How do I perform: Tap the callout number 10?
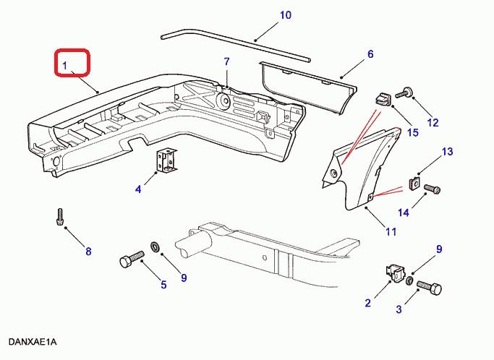(265, 14)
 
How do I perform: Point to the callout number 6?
(370, 54)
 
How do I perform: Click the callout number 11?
(391, 232)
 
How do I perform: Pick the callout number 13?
(447, 152)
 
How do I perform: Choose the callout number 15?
(413, 132)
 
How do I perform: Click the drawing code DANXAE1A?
(33, 341)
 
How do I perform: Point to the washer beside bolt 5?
(156, 249)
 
